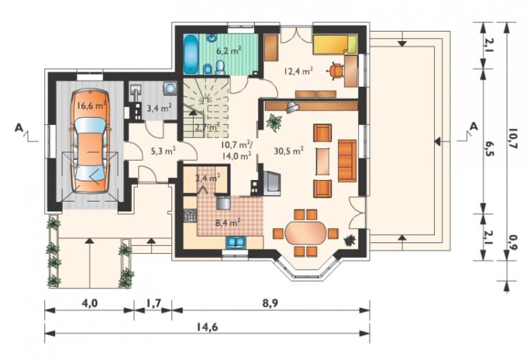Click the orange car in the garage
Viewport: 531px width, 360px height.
90,141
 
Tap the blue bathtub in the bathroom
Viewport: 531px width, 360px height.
192,54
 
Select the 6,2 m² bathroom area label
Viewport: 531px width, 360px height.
229,51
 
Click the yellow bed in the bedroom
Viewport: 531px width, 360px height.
335,44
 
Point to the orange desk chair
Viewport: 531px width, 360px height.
336,71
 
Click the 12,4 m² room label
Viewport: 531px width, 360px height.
298,71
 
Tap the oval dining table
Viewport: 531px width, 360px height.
306,233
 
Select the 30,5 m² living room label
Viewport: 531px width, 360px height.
288,151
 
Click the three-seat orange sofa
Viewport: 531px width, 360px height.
347,161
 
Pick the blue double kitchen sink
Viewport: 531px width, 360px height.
236,242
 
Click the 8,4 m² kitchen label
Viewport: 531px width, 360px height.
228,223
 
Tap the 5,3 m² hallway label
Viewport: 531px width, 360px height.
163,151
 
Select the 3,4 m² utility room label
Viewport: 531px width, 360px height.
159,108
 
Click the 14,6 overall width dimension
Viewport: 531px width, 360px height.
207,327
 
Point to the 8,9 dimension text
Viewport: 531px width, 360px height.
271,303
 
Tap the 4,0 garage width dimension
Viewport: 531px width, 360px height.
90,303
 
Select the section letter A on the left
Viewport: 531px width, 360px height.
19,128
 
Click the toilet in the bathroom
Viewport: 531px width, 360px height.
220,67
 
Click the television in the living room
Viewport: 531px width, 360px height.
271,184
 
